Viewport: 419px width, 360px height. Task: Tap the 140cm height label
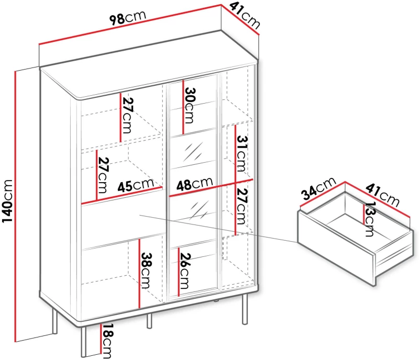point(7,201)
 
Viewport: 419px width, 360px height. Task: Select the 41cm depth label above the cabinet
point(245,16)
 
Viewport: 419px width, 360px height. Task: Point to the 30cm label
point(190,105)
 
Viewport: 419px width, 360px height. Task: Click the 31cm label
point(242,153)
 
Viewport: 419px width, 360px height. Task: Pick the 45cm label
point(136,185)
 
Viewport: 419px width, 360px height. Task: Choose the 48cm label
point(194,183)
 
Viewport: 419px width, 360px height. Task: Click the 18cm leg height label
point(107,341)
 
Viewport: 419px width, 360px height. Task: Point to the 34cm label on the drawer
point(319,188)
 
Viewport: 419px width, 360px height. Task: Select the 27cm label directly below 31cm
point(242,206)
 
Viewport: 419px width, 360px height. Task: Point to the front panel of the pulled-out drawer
point(336,248)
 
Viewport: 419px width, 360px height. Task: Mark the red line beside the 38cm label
point(139,274)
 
